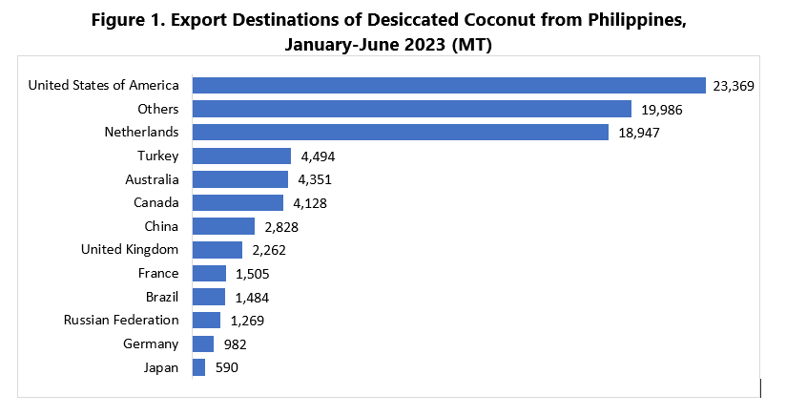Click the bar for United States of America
pyautogui.click(x=448, y=85)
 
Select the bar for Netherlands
pyautogui.click(x=401, y=132)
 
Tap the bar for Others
pyautogui.click(x=412, y=109)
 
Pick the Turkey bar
pyautogui.click(x=241, y=156)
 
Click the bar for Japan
pyautogui.click(x=198, y=367)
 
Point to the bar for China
pyautogui.click(x=223, y=226)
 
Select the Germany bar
pyautogui.click(x=203, y=343)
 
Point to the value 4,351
pyautogui.click(x=316, y=179)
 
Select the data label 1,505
pyautogui.click(x=253, y=274)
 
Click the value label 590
pyautogui.click(x=225, y=367)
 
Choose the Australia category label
pyautogui.click(x=152, y=179)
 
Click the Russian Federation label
pyautogui.click(x=121, y=321)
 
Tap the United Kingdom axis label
pyautogui.click(x=130, y=250)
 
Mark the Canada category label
pyautogui.click(x=156, y=202)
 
